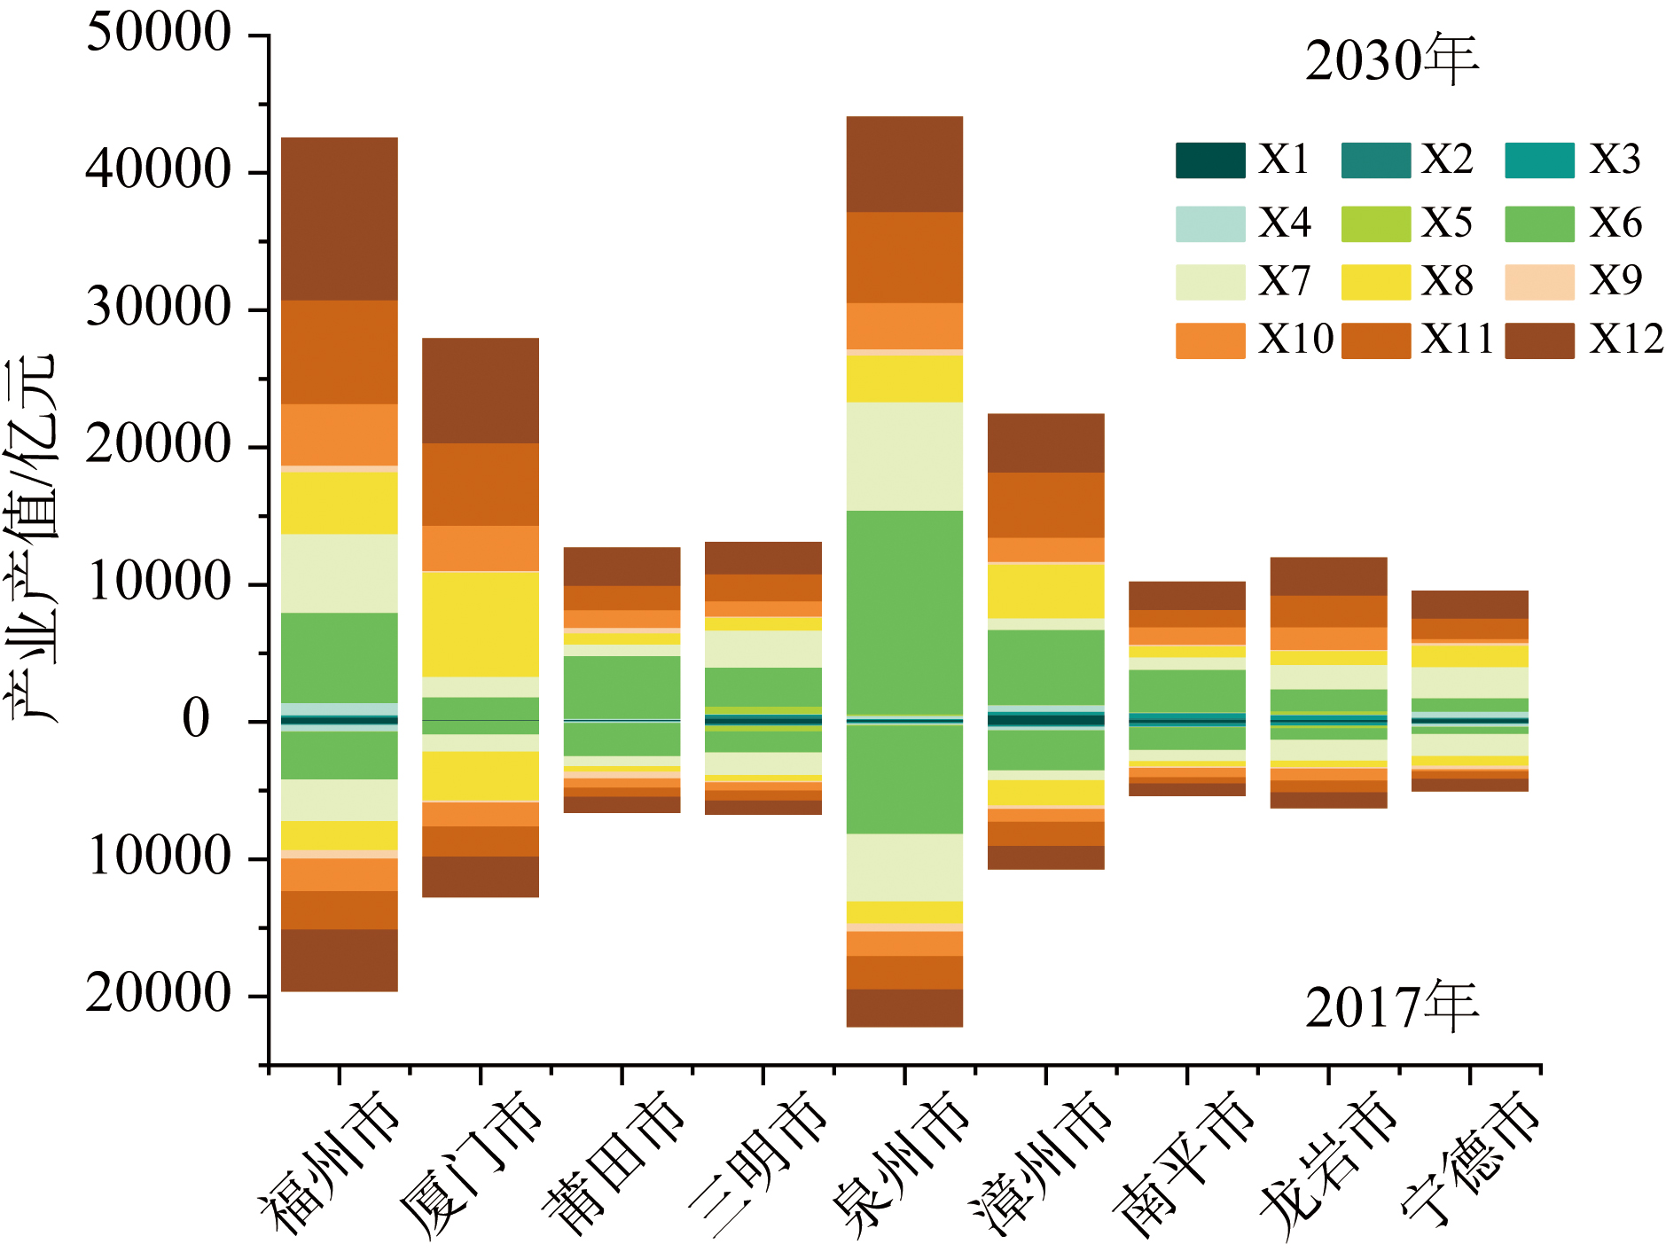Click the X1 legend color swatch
pos(1210,160)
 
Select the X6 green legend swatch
pos(1539,223)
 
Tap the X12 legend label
pos(1626,340)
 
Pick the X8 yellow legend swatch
pos(1375,282)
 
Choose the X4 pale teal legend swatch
pos(1210,223)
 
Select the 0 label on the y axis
pos(196,719)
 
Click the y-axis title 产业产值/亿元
pos(32,538)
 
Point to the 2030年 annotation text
pos(1391,60)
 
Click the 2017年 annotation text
pos(1391,1007)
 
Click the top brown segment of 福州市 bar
pos(340,218)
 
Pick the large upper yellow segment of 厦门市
pos(481,624)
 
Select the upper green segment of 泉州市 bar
pos(904,612)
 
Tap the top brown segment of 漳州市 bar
pos(1046,442)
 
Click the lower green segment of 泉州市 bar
pos(904,779)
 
